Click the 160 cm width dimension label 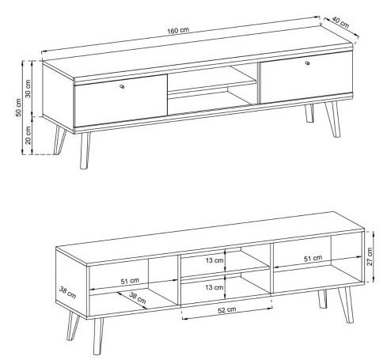click(x=178, y=30)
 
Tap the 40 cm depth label click(x=340, y=22)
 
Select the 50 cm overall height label click(x=18, y=108)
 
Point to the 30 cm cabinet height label click(x=28, y=89)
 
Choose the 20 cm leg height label click(x=28, y=135)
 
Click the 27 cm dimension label click(x=370, y=256)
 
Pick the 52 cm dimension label click(x=227, y=310)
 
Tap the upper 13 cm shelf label click(x=214, y=260)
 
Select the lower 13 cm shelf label click(x=214, y=287)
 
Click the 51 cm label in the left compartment click(x=130, y=281)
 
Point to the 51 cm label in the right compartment click(x=313, y=258)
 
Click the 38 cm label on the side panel click(x=68, y=293)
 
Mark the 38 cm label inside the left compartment click(x=138, y=297)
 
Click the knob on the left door click(x=122, y=86)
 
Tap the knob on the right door click(x=307, y=63)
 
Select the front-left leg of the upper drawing click(x=85, y=150)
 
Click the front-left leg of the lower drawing click(x=98, y=336)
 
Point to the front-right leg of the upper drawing click(x=332, y=119)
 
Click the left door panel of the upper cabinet click(x=121, y=100)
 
